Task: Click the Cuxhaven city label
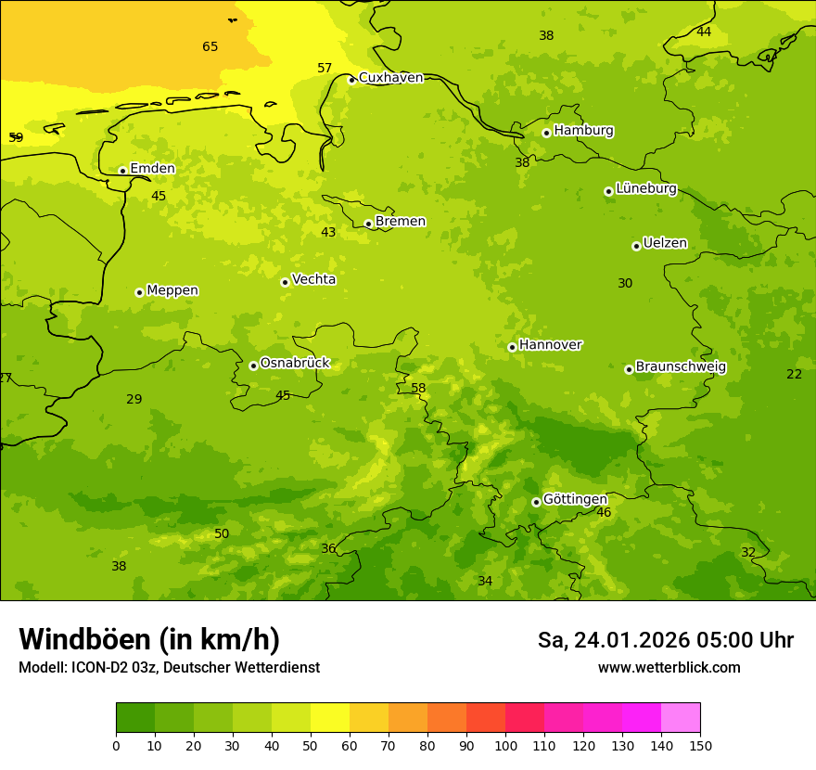pyautogui.click(x=390, y=78)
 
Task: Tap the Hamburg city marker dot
pyautogui.click(x=547, y=133)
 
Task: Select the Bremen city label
pyautogui.click(x=401, y=222)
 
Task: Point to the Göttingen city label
pyautogui.click(x=575, y=499)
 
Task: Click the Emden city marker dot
pyautogui.click(x=122, y=171)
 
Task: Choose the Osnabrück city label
pyautogui.click(x=295, y=364)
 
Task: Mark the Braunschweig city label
pyautogui.click(x=681, y=367)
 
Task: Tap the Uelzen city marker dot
pyautogui.click(x=636, y=246)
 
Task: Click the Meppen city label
pyautogui.click(x=172, y=290)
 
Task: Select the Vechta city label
pyautogui.click(x=313, y=279)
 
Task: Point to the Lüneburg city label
pyautogui.click(x=646, y=189)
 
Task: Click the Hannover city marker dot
pyautogui.click(x=512, y=347)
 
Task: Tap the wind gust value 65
pyautogui.click(x=210, y=47)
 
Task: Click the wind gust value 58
pyautogui.click(x=418, y=389)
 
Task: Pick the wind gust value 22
pyautogui.click(x=794, y=374)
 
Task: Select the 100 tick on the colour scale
pyautogui.click(x=505, y=745)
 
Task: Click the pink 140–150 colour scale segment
pyautogui.click(x=681, y=717)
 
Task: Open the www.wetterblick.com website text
pyautogui.click(x=669, y=668)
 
